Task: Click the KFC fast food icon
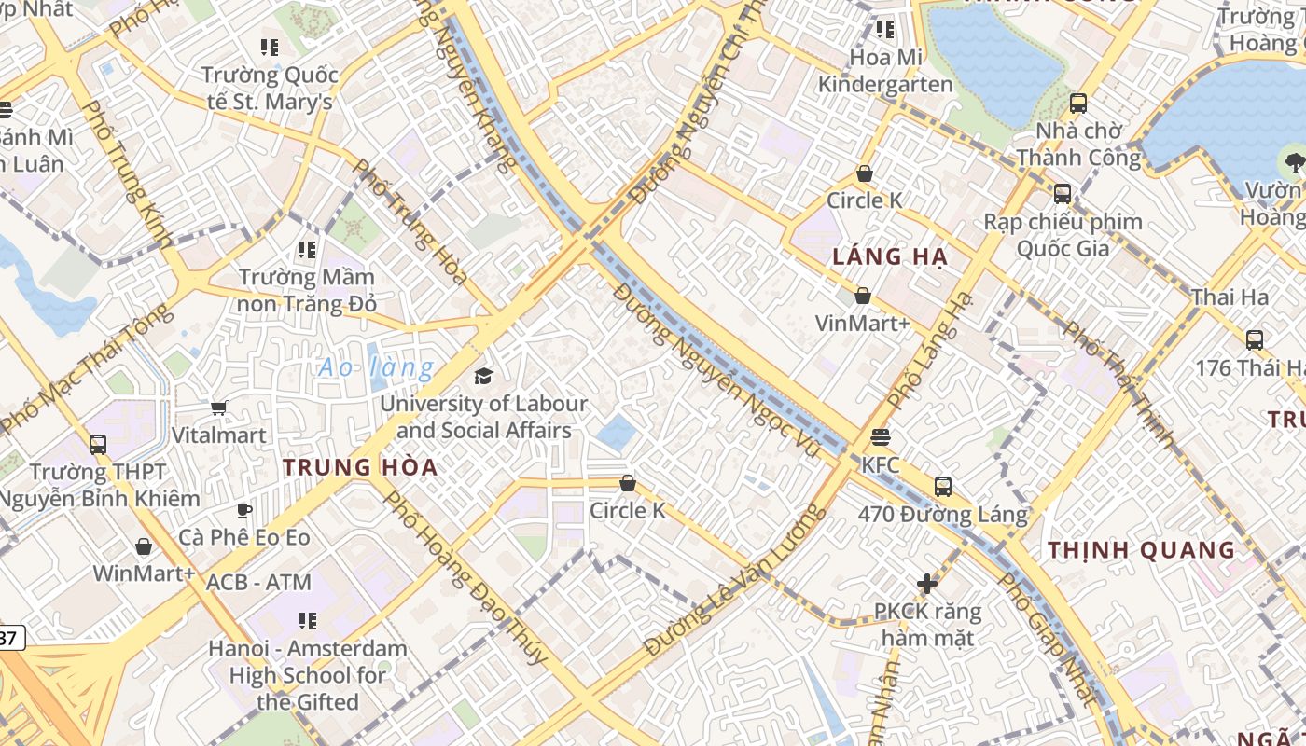pyautogui.click(x=880, y=436)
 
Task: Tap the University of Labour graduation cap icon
pyautogui.click(x=483, y=376)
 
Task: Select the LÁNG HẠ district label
pyautogui.click(x=890, y=257)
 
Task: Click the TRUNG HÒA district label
pyautogui.click(x=360, y=467)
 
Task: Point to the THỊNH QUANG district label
pyautogui.click(x=1141, y=550)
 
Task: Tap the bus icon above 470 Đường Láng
pyautogui.click(x=943, y=486)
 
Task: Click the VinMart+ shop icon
pyautogui.click(x=863, y=296)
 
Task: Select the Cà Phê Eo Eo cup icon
pyautogui.click(x=243, y=509)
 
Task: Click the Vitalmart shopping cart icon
pyautogui.click(x=219, y=407)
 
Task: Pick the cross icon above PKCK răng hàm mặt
pyautogui.click(x=926, y=584)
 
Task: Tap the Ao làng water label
pyautogui.click(x=376, y=367)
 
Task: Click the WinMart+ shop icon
pyautogui.click(x=144, y=546)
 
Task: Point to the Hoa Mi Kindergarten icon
pyautogui.click(x=885, y=30)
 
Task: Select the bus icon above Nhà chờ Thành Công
pyautogui.click(x=1078, y=103)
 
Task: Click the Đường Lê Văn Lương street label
pyautogui.click(x=735, y=580)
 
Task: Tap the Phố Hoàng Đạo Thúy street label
pyautogui.click(x=465, y=577)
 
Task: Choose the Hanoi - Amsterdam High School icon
pyautogui.click(x=307, y=620)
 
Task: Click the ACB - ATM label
pyautogui.click(x=258, y=583)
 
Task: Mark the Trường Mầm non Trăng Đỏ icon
pyautogui.click(x=307, y=249)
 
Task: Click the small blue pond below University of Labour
pyautogui.click(x=616, y=432)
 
